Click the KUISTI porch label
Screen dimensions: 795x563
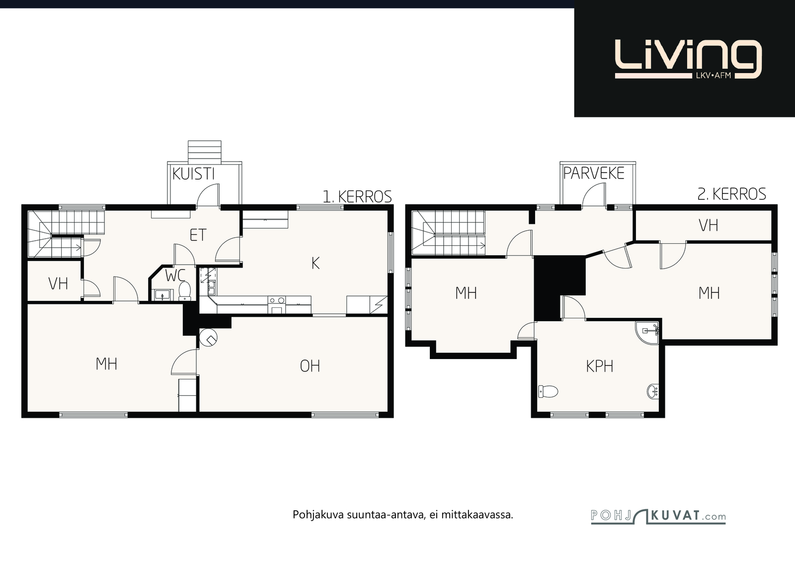tap(193, 174)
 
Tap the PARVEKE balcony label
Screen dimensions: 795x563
tap(594, 174)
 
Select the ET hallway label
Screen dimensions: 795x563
tap(198, 235)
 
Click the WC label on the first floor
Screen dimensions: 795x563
tap(175, 276)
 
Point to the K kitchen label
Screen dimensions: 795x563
tap(315, 263)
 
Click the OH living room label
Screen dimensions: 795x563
tap(310, 366)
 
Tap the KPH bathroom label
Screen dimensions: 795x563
tap(599, 366)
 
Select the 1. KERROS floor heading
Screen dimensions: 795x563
tap(357, 196)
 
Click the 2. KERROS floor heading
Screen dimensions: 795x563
tap(732, 194)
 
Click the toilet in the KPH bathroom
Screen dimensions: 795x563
tap(548, 391)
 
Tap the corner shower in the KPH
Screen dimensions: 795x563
tap(647, 332)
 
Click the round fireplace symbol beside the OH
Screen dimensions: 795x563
tap(208, 339)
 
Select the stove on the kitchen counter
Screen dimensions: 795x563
tap(276, 305)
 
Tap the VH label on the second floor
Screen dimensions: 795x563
tap(708, 225)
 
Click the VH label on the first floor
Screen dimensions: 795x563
tap(58, 283)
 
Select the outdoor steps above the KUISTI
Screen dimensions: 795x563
tap(205, 152)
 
